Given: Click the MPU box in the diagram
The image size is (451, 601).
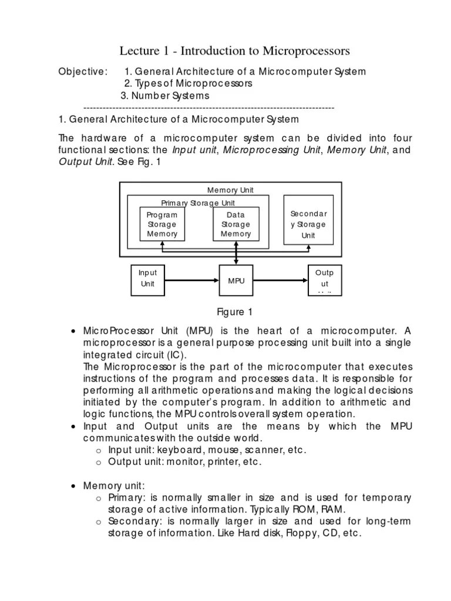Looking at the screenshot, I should tap(236, 281).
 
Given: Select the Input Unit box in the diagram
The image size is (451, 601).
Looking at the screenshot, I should tap(147, 279).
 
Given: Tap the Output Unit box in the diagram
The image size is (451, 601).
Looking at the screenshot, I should tap(325, 280).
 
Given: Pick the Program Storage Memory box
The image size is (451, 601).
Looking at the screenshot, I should tap(161, 224).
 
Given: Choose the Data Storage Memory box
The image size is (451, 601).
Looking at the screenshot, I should tap(235, 224).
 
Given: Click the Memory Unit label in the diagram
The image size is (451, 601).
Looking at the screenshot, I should tap(230, 190).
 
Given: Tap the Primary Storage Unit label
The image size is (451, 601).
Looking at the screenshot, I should tap(198, 203).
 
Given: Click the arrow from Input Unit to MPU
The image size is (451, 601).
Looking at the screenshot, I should tap(192, 281).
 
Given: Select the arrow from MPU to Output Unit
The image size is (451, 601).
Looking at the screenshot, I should tap(281, 281).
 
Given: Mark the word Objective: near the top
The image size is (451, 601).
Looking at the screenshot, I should tap(83, 72).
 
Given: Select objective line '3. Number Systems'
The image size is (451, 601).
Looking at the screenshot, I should tap(165, 96).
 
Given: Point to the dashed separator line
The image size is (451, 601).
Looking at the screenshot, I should tap(209, 108).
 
